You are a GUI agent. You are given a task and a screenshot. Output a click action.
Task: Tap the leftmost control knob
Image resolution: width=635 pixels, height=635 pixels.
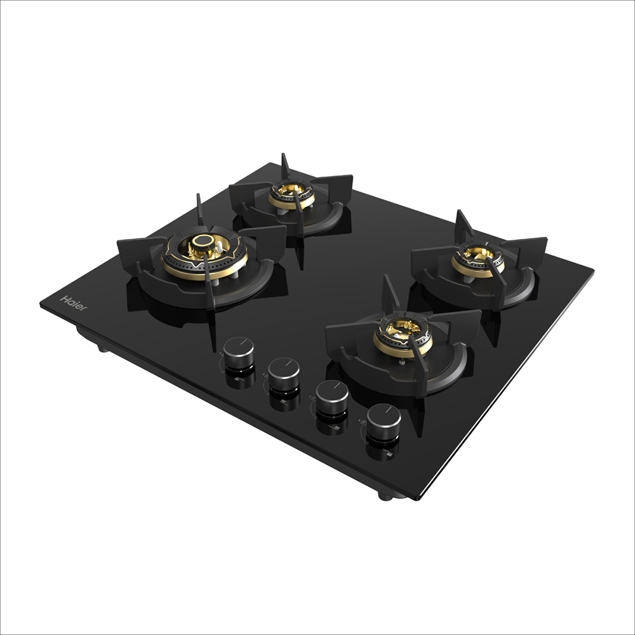(x=239, y=350)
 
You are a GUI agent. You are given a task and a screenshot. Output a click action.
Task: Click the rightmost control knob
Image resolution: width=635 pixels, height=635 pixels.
(x=384, y=419)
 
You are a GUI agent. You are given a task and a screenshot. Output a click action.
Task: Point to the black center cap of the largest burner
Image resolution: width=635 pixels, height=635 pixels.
(x=203, y=241)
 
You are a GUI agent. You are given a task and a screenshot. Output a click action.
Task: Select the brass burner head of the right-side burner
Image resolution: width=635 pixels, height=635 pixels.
(x=477, y=258)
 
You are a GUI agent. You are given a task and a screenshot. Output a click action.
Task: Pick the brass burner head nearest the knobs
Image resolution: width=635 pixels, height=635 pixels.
(x=402, y=335)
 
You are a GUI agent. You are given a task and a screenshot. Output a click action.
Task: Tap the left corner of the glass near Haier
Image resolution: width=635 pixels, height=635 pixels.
(x=41, y=304)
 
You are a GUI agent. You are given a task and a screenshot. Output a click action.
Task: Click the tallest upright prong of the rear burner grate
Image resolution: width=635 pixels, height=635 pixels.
(x=285, y=167)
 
